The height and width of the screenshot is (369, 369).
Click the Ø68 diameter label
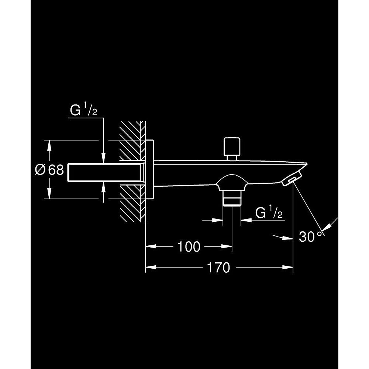click(x=49, y=169)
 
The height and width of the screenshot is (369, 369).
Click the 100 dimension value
click(x=189, y=246)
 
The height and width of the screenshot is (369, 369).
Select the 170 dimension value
click(x=218, y=268)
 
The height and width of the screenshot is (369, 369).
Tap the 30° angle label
click(x=310, y=237)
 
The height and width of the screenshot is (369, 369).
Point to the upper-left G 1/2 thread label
click(x=83, y=110)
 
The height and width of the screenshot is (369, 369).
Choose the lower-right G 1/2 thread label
click(x=269, y=213)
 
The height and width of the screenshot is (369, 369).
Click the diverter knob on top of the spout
click(x=232, y=149)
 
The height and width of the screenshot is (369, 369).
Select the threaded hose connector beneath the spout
click(x=232, y=198)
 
